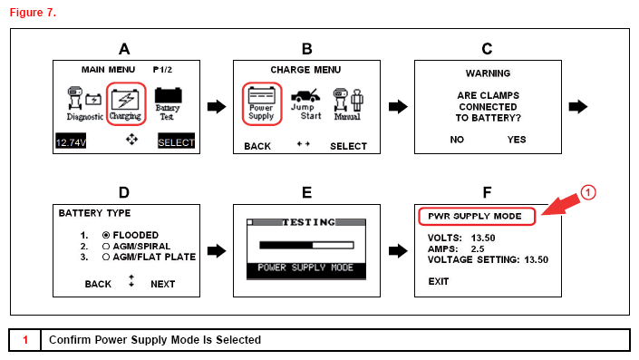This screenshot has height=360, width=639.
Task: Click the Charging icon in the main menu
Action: [126, 104]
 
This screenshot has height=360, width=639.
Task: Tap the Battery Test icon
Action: [168, 104]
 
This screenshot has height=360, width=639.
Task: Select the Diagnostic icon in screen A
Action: [85, 104]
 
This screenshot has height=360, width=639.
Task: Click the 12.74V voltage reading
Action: [71, 141]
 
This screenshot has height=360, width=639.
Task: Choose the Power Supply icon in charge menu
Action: [262, 103]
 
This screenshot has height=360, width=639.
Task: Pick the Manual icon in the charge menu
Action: [348, 104]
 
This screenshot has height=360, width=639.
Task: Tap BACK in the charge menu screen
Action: [257, 146]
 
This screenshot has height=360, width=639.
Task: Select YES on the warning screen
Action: [517, 140]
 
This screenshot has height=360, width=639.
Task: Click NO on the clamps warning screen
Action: [457, 140]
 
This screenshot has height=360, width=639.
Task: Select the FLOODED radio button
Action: [106, 235]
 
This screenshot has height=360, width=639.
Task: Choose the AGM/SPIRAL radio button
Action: [106, 247]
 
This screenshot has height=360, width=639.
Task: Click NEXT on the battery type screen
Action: [162, 284]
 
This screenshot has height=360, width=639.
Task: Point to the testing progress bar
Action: [306, 245]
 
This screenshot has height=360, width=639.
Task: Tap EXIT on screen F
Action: [439, 281]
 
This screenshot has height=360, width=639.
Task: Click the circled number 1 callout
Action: [588, 192]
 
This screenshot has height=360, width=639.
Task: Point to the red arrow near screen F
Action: [561, 205]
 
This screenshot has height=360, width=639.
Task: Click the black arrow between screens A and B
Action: [217, 107]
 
